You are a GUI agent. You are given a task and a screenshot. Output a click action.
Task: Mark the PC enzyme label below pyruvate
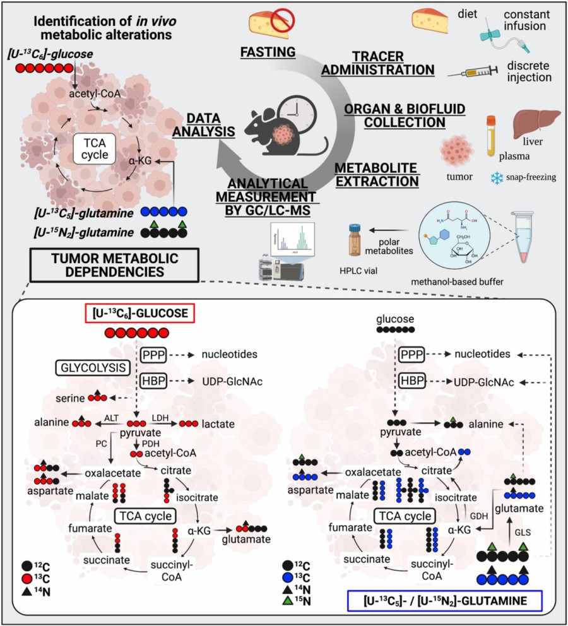101,444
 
